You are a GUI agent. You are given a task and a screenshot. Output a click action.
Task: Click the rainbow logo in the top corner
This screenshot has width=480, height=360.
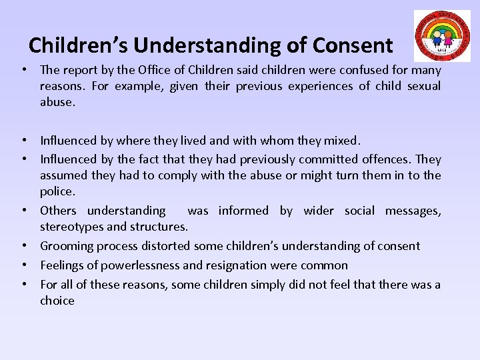441,36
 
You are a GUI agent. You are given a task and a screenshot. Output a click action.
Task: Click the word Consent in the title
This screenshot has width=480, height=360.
353,45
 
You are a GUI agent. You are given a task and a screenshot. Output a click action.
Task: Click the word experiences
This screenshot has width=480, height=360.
321,86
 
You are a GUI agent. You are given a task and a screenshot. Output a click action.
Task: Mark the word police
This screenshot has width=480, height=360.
57,192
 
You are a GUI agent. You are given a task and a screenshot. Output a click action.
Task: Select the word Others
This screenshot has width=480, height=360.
58,211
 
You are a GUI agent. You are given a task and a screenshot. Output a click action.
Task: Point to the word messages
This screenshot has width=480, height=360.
412,211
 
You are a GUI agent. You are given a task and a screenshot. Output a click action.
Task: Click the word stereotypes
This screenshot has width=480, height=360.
71,227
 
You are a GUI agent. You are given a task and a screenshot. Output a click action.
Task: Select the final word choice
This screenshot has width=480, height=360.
57,301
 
